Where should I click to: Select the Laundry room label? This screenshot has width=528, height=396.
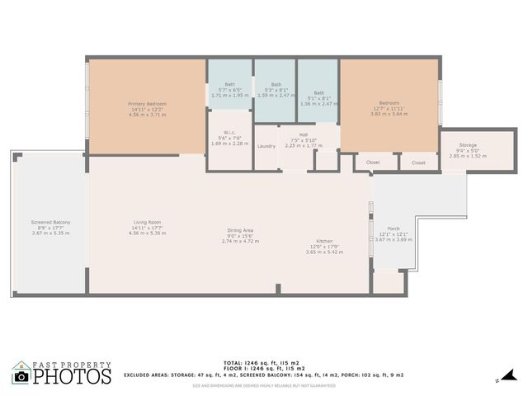pyautogui.click(x=266, y=146)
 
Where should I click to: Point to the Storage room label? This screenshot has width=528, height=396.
pyautogui.click(x=468, y=145)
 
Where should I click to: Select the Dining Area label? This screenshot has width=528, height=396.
pyautogui.click(x=240, y=230)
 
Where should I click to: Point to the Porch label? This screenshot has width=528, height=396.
pyautogui.click(x=393, y=229)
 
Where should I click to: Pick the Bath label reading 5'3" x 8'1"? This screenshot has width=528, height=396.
pyautogui.click(x=275, y=84)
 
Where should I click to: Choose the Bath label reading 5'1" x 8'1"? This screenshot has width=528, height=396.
pyautogui.click(x=318, y=93)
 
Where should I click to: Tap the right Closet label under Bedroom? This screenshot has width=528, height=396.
pyautogui.click(x=418, y=163)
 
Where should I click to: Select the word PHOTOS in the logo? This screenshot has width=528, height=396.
pyautogui.click(x=72, y=377)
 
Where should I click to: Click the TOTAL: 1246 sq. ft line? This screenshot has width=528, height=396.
pyautogui.click(x=264, y=361)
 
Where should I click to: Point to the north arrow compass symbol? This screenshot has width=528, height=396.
pyautogui.click(x=499, y=380)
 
